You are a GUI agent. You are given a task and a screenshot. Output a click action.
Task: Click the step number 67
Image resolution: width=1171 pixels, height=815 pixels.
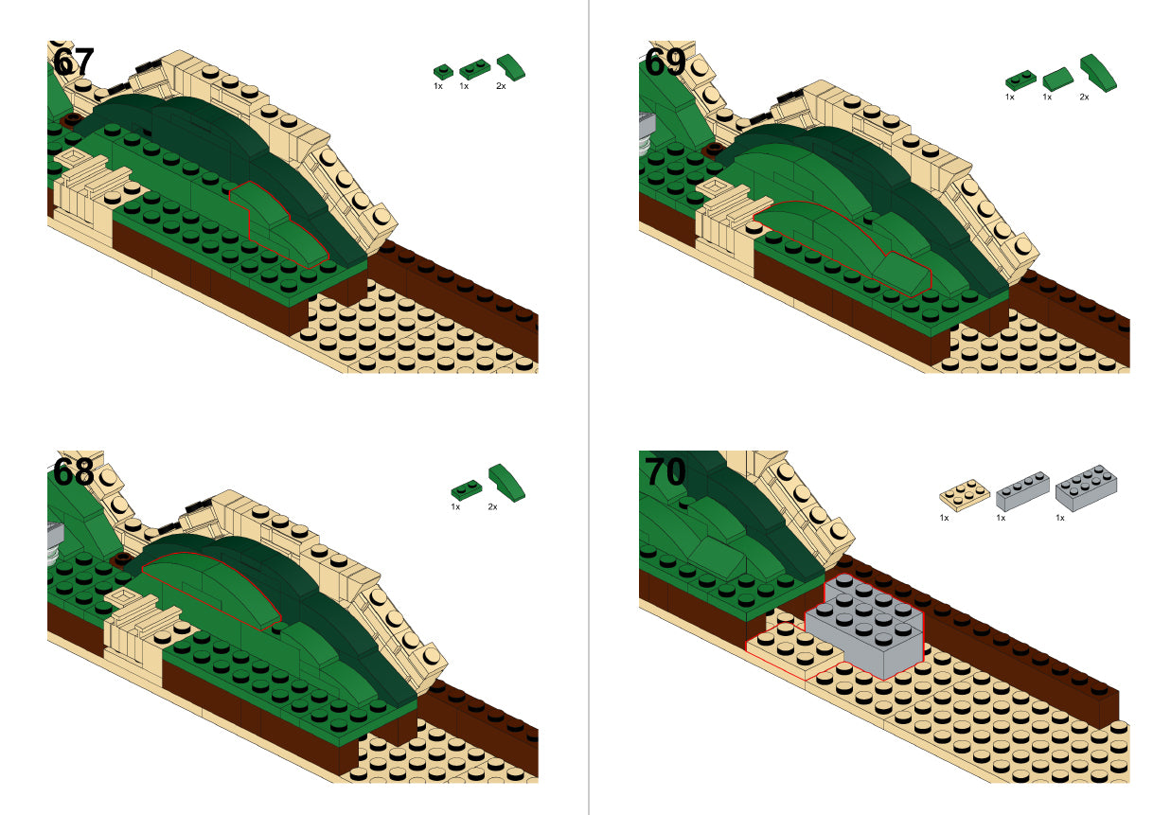(x=73, y=62)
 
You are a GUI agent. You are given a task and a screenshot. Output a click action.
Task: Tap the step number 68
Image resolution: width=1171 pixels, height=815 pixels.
(x=73, y=471)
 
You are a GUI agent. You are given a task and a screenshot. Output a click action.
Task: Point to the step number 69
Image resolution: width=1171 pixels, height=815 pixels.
(x=665, y=62)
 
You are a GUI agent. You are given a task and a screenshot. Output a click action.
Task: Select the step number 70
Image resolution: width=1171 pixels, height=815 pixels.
(x=665, y=471)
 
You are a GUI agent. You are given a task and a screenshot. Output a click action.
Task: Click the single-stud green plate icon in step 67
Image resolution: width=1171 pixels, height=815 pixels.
(x=443, y=72)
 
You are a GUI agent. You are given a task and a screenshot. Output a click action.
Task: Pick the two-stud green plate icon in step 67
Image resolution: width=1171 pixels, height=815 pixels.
(x=474, y=69)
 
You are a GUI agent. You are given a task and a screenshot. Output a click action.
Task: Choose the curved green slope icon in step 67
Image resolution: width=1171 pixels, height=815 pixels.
(x=511, y=67)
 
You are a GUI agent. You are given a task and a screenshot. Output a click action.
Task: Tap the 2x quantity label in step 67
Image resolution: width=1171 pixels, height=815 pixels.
(x=501, y=86)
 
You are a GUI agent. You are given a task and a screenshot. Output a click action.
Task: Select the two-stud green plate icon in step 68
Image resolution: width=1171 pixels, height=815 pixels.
(x=467, y=489)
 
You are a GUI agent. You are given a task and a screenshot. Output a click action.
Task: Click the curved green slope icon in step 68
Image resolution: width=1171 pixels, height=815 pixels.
(x=506, y=483)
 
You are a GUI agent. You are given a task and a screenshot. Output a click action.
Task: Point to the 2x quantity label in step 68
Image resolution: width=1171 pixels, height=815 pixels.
(x=492, y=506)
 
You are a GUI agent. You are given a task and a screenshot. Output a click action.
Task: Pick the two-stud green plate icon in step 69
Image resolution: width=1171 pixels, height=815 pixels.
(x=1020, y=80)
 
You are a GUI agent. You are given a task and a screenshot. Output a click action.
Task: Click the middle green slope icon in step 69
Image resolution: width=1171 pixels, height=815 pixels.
(x=1057, y=79)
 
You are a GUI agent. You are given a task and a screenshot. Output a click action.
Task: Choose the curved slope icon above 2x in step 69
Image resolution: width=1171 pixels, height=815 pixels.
(x=1098, y=74)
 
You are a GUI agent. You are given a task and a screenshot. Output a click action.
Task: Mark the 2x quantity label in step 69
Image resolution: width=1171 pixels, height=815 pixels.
(x=1084, y=97)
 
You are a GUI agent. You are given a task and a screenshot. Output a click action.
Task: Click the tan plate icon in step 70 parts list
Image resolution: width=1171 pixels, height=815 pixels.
(x=964, y=494)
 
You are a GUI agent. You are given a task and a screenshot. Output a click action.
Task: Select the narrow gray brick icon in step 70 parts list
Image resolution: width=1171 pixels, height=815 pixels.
(x=1022, y=491)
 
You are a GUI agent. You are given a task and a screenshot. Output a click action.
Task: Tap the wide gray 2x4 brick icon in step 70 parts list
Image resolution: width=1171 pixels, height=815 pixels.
(x=1087, y=487)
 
